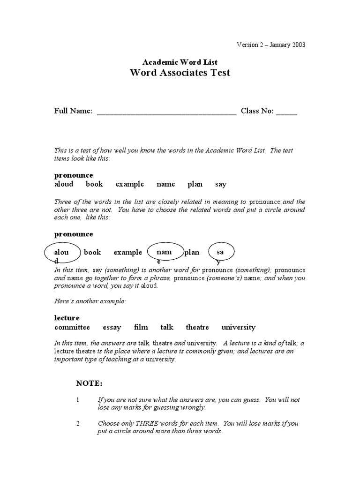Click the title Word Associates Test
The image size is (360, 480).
(180, 73)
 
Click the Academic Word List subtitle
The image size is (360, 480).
(180, 62)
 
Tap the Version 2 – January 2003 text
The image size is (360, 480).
(271, 45)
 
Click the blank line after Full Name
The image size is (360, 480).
(166, 112)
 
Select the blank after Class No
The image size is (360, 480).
(286, 112)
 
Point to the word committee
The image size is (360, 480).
(72, 327)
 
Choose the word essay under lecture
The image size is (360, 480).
(112, 327)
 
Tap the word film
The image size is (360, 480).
(141, 327)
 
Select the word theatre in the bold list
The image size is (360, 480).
(197, 327)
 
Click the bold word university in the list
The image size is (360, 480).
(239, 327)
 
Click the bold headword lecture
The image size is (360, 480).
(67, 318)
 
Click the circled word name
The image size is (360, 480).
(164, 252)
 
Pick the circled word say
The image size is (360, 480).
(220, 252)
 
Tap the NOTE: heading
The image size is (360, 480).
(89, 383)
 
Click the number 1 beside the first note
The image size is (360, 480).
(78, 400)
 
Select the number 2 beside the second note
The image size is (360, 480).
(78, 423)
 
